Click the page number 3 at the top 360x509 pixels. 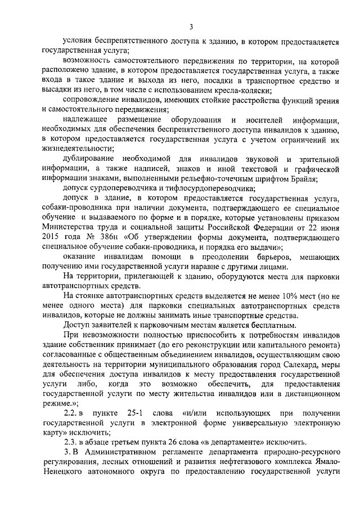coord(191,26)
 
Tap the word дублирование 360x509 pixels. coord(91,159)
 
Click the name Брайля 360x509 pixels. coord(303,178)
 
